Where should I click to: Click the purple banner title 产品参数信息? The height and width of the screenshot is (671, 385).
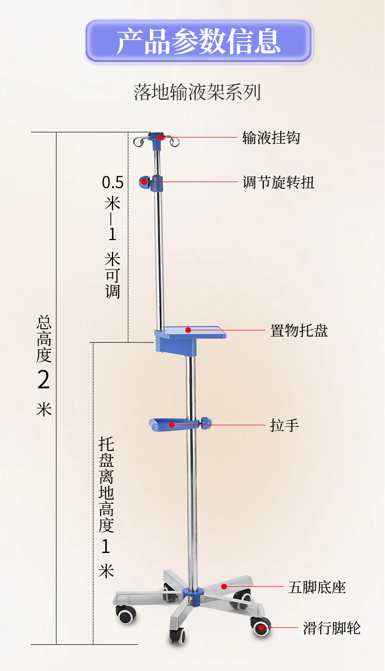199,42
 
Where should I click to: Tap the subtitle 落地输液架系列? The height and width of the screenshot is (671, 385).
198,92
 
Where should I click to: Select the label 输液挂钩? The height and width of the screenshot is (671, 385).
271,137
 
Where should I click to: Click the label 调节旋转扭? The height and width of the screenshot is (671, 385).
278,182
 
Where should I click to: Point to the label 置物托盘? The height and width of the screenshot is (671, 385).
299,330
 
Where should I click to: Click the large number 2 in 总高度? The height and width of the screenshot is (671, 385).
44,380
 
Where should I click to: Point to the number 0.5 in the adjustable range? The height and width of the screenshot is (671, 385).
112,182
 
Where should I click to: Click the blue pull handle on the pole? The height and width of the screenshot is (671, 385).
177,424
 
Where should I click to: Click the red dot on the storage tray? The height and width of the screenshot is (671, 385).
188,330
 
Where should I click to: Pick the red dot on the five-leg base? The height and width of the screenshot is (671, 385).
224,586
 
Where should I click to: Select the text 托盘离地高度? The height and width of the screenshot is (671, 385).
106,485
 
